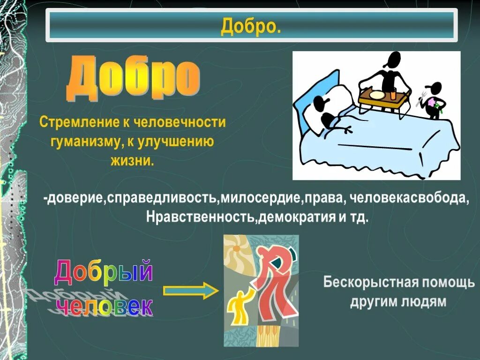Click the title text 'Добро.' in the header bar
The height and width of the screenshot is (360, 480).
[x=251, y=26]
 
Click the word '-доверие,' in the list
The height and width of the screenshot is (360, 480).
[x=75, y=199]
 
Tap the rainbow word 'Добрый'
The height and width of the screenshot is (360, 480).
[x=104, y=271]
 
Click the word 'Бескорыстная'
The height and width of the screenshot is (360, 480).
[x=368, y=283]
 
